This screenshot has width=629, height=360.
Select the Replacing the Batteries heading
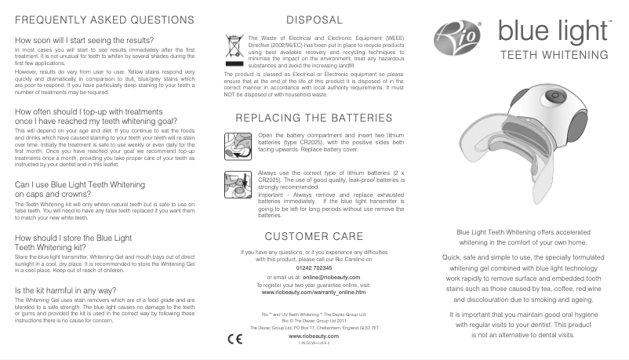(314, 118)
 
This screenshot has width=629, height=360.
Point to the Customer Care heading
(314, 236)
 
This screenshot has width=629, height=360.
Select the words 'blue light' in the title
(552, 32)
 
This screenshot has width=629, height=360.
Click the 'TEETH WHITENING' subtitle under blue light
(554, 56)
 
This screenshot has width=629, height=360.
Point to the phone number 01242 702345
(314, 267)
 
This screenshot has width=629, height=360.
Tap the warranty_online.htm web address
(314, 292)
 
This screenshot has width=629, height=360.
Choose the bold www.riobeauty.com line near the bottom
(314, 335)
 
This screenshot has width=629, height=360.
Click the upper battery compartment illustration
(238, 144)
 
